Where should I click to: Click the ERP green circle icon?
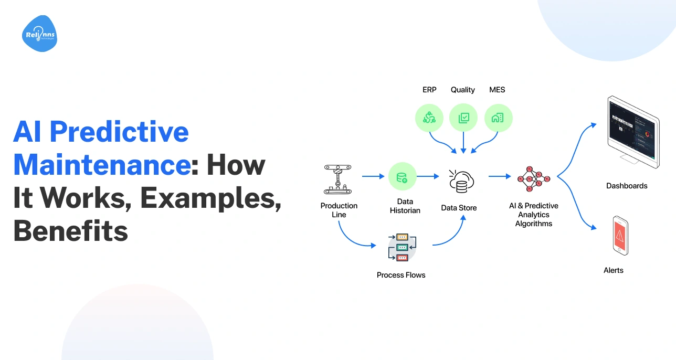[x=429, y=118]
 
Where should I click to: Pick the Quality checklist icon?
[x=463, y=118]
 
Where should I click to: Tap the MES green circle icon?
[x=498, y=118]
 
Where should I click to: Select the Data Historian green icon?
[x=403, y=176]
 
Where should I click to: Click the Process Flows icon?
[x=402, y=247]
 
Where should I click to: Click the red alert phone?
[x=620, y=236]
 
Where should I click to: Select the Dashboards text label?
[x=627, y=186]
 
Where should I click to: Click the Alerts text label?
[x=614, y=270]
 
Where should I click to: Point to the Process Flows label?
[x=401, y=275]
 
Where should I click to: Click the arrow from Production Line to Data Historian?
[x=373, y=177]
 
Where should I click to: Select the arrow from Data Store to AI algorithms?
[x=499, y=177]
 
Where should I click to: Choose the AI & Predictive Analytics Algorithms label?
[x=533, y=215]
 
